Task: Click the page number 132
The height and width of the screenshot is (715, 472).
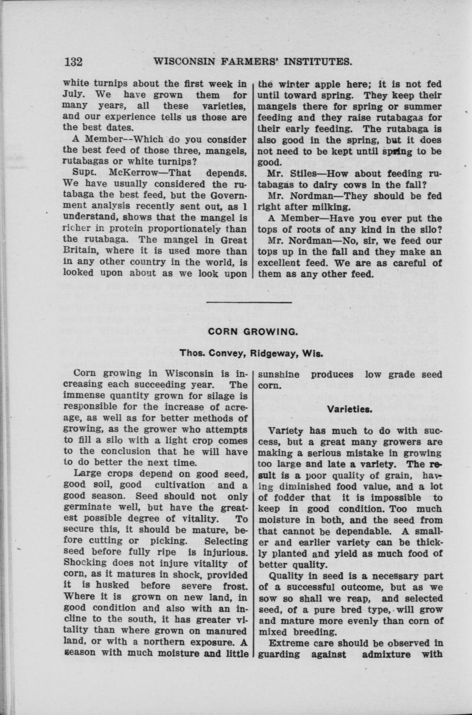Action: [73, 62]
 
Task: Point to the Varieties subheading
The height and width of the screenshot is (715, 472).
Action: [356, 409]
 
